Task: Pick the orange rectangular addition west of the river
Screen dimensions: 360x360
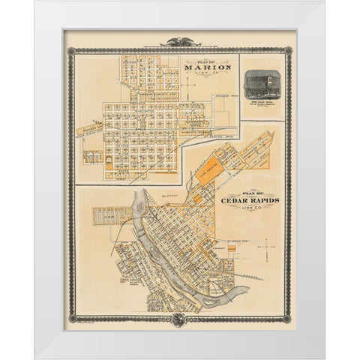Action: click(x=104, y=216)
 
